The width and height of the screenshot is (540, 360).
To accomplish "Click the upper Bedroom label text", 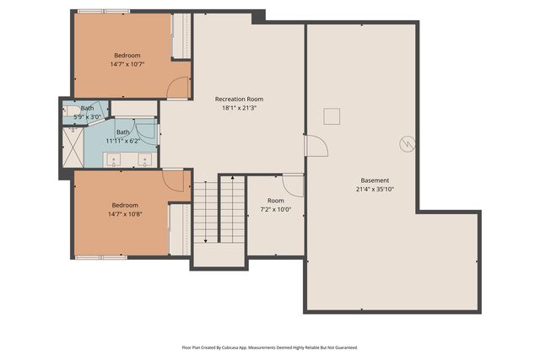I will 127,55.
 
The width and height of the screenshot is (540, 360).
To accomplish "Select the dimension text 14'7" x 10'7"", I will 127,64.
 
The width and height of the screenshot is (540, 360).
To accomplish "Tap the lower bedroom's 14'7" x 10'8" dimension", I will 125,214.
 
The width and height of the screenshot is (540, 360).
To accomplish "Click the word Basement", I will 375,180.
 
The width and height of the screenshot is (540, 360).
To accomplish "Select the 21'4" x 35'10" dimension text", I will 375,190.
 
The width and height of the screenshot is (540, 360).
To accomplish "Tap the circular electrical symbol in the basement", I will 408,144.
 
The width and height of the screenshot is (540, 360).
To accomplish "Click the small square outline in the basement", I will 332,116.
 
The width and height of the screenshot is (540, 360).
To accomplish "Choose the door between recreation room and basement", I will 315,147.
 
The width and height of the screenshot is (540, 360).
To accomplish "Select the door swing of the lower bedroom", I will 174,180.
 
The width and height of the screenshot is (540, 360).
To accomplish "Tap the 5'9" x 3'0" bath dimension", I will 88,117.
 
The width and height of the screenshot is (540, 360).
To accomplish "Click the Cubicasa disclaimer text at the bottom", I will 270,347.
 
